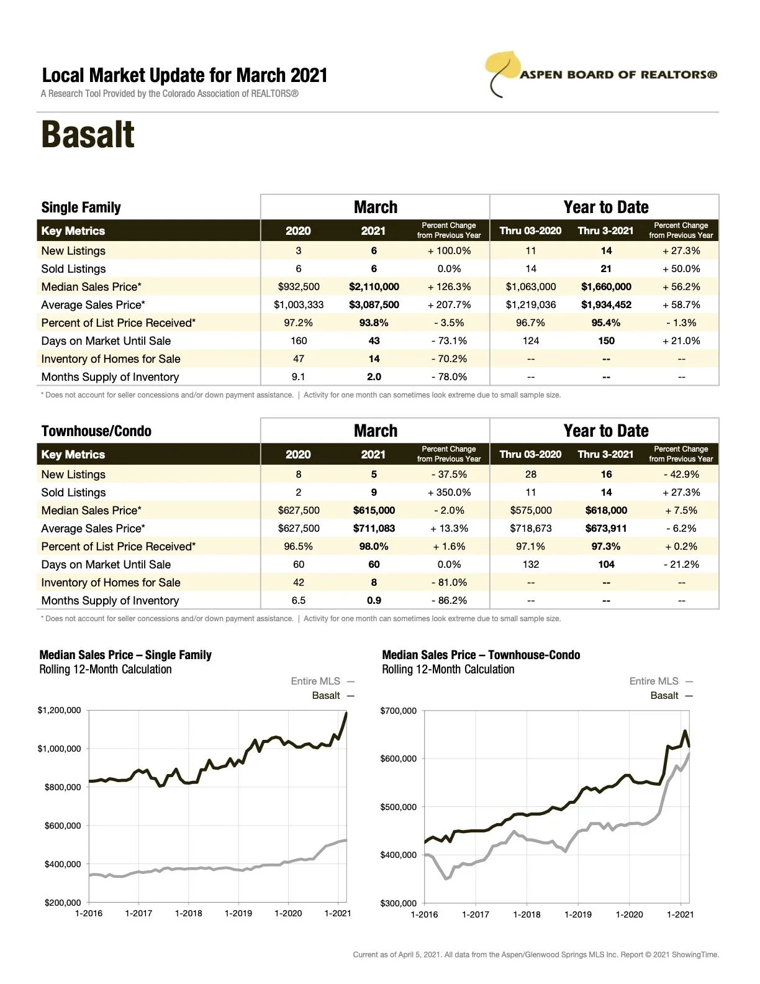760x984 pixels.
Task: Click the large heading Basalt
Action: coord(88,135)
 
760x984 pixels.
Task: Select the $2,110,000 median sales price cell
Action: coord(374,287)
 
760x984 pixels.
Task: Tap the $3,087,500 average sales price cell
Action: coord(374,305)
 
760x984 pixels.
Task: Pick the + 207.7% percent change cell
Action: coord(449,305)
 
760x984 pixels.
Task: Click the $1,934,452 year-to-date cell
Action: coord(606,305)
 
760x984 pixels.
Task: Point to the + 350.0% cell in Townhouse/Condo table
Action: coord(449,493)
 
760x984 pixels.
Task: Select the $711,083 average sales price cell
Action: coord(374,529)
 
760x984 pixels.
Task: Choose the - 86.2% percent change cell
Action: coord(449,601)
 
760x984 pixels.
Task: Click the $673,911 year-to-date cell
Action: coord(606,529)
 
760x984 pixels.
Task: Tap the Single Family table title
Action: coord(81,207)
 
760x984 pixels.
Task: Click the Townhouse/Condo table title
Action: coord(96,431)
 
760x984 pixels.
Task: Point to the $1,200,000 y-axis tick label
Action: coord(59,710)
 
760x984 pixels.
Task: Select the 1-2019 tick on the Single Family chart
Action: coord(238,913)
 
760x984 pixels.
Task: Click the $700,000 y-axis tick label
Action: coord(398,711)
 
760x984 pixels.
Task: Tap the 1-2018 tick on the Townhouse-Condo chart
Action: coord(527,914)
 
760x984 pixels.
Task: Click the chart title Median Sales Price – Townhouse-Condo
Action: coord(481,655)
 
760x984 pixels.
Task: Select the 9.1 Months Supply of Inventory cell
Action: coord(299,377)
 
